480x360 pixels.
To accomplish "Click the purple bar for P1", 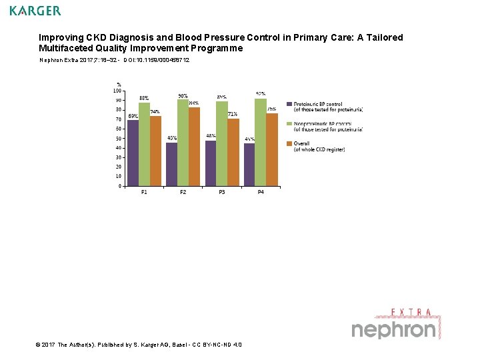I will [133, 153].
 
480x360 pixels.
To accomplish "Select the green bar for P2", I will [183, 143].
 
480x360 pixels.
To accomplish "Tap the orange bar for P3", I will [233, 153].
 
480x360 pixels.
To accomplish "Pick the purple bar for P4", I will [249, 165].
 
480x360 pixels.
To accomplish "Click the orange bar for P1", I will [155, 151].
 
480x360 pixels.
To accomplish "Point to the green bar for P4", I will [261, 142].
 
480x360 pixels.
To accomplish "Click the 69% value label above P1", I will [133, 116].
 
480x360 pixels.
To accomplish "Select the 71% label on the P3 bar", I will [233, 114].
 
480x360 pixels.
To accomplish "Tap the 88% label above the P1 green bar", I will [143, 98].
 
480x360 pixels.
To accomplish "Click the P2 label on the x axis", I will [183, 193].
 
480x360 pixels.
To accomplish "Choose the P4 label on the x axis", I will [261, 193].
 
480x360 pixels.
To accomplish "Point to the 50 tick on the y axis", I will [118, 139].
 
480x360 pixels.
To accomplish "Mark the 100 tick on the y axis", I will [117, 91].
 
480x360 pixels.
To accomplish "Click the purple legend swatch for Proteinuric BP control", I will [289, 104].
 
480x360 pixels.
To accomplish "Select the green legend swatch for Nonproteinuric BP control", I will [289, 123].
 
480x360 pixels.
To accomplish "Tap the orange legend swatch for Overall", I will [289, 143].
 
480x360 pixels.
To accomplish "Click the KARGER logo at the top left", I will [35, 11].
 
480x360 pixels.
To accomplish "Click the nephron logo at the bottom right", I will [394, 329].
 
